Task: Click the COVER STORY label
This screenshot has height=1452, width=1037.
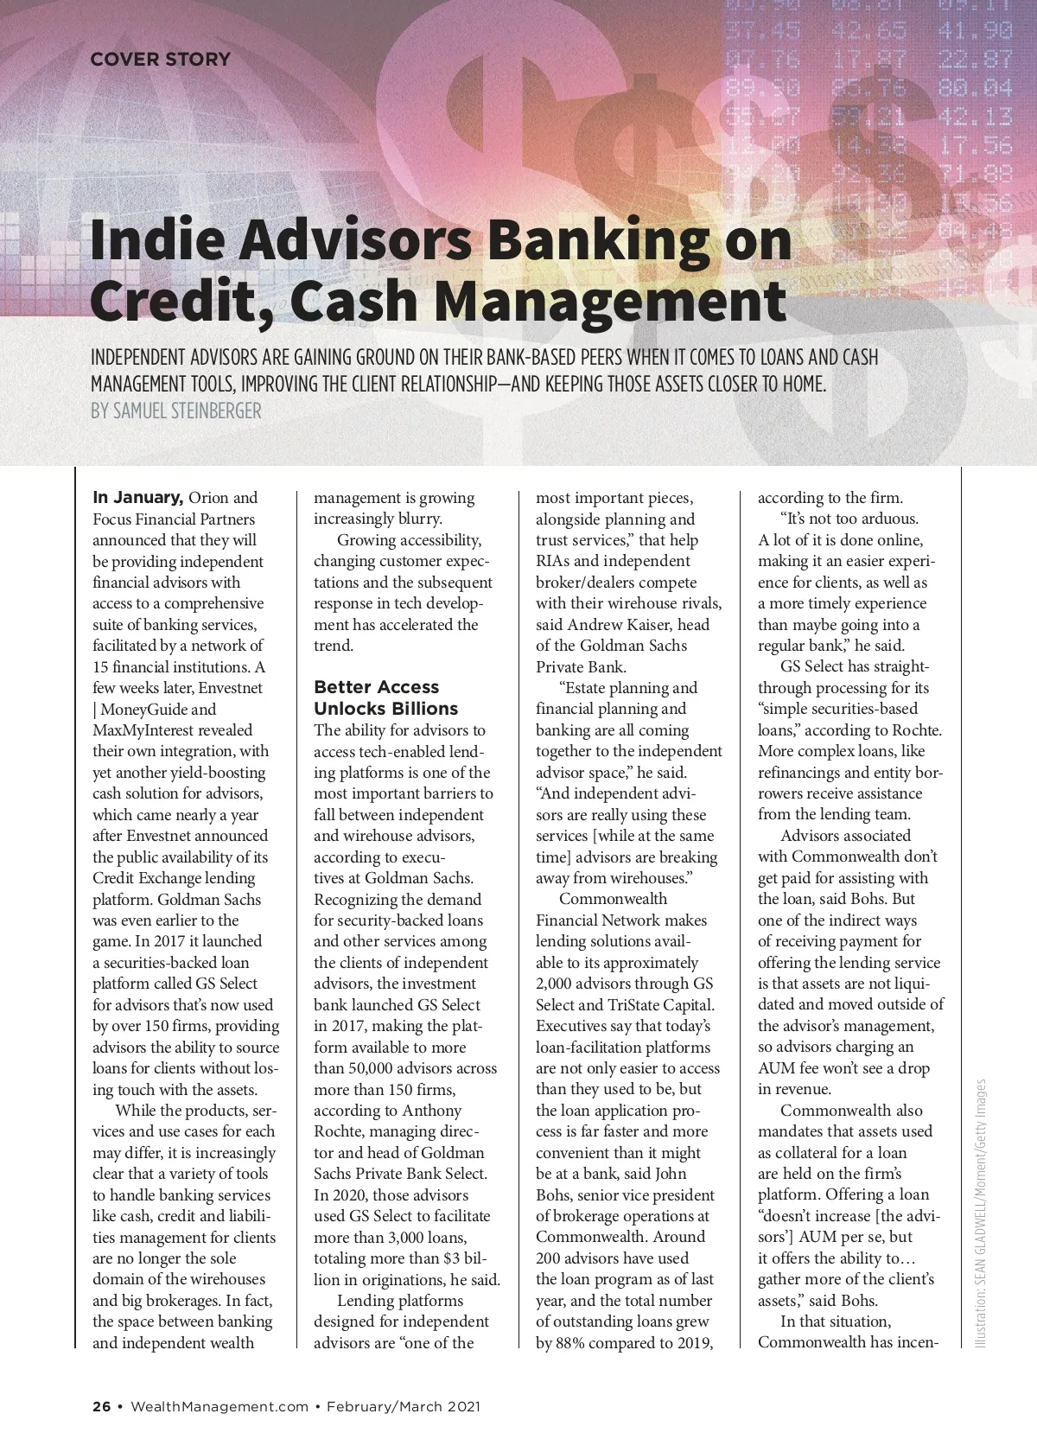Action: coord(160,60)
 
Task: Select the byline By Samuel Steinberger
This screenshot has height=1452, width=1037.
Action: coord(175,411)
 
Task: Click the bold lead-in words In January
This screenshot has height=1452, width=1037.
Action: coord(137,498)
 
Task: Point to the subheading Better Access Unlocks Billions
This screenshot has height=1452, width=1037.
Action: coord(385,698)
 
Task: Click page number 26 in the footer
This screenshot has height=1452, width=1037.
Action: coord(101,1406)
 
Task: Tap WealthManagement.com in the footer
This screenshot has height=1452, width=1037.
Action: coord(219,1406)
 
